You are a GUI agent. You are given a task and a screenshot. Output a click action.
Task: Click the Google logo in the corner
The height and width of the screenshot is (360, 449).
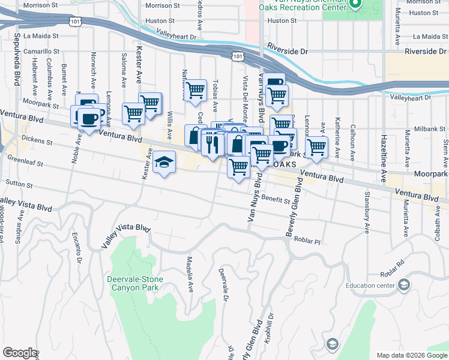[x=19, y=353]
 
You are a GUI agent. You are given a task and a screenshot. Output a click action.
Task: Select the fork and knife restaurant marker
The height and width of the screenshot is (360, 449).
[x=211, y=144]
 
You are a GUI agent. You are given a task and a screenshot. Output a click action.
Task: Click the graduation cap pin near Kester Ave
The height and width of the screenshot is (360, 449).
[x=164, y=163]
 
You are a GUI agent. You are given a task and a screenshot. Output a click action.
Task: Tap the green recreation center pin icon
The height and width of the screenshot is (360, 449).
[x=355, y=5]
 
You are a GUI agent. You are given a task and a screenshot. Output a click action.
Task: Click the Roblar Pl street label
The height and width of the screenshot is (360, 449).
[x=308, y=240]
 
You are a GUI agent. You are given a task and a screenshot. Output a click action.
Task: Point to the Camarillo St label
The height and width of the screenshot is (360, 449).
[x=42, y=52]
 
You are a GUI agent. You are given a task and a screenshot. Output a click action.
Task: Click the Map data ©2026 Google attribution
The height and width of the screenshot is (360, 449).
[x=411, y=355]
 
